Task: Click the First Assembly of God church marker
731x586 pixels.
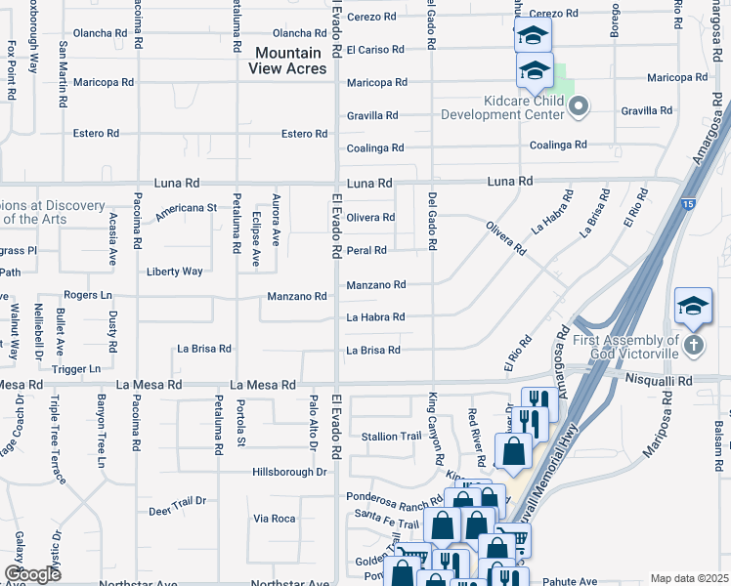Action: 693,345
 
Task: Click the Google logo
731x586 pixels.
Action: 32,573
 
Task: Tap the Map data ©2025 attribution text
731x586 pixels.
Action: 690,578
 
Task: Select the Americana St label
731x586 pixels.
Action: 186,208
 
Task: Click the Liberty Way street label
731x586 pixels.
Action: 175,272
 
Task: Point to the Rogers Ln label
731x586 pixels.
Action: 88,295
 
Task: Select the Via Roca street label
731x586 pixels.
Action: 275,519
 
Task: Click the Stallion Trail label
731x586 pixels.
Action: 390,437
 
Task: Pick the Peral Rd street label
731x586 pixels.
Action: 367,251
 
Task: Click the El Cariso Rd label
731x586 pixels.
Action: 375,50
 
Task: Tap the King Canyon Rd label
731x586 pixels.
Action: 436,429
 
